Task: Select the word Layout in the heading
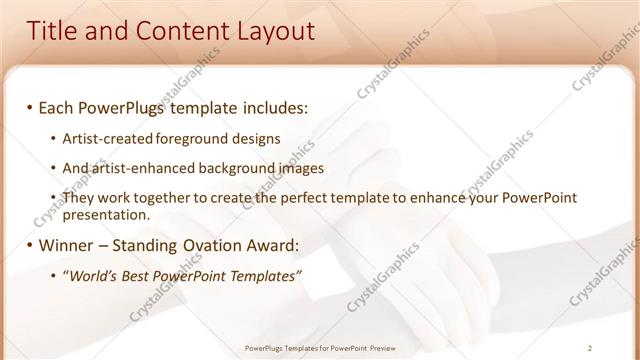(276, 32)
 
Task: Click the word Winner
(68, 245)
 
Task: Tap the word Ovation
(205, 245)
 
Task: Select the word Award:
(269, 245)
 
